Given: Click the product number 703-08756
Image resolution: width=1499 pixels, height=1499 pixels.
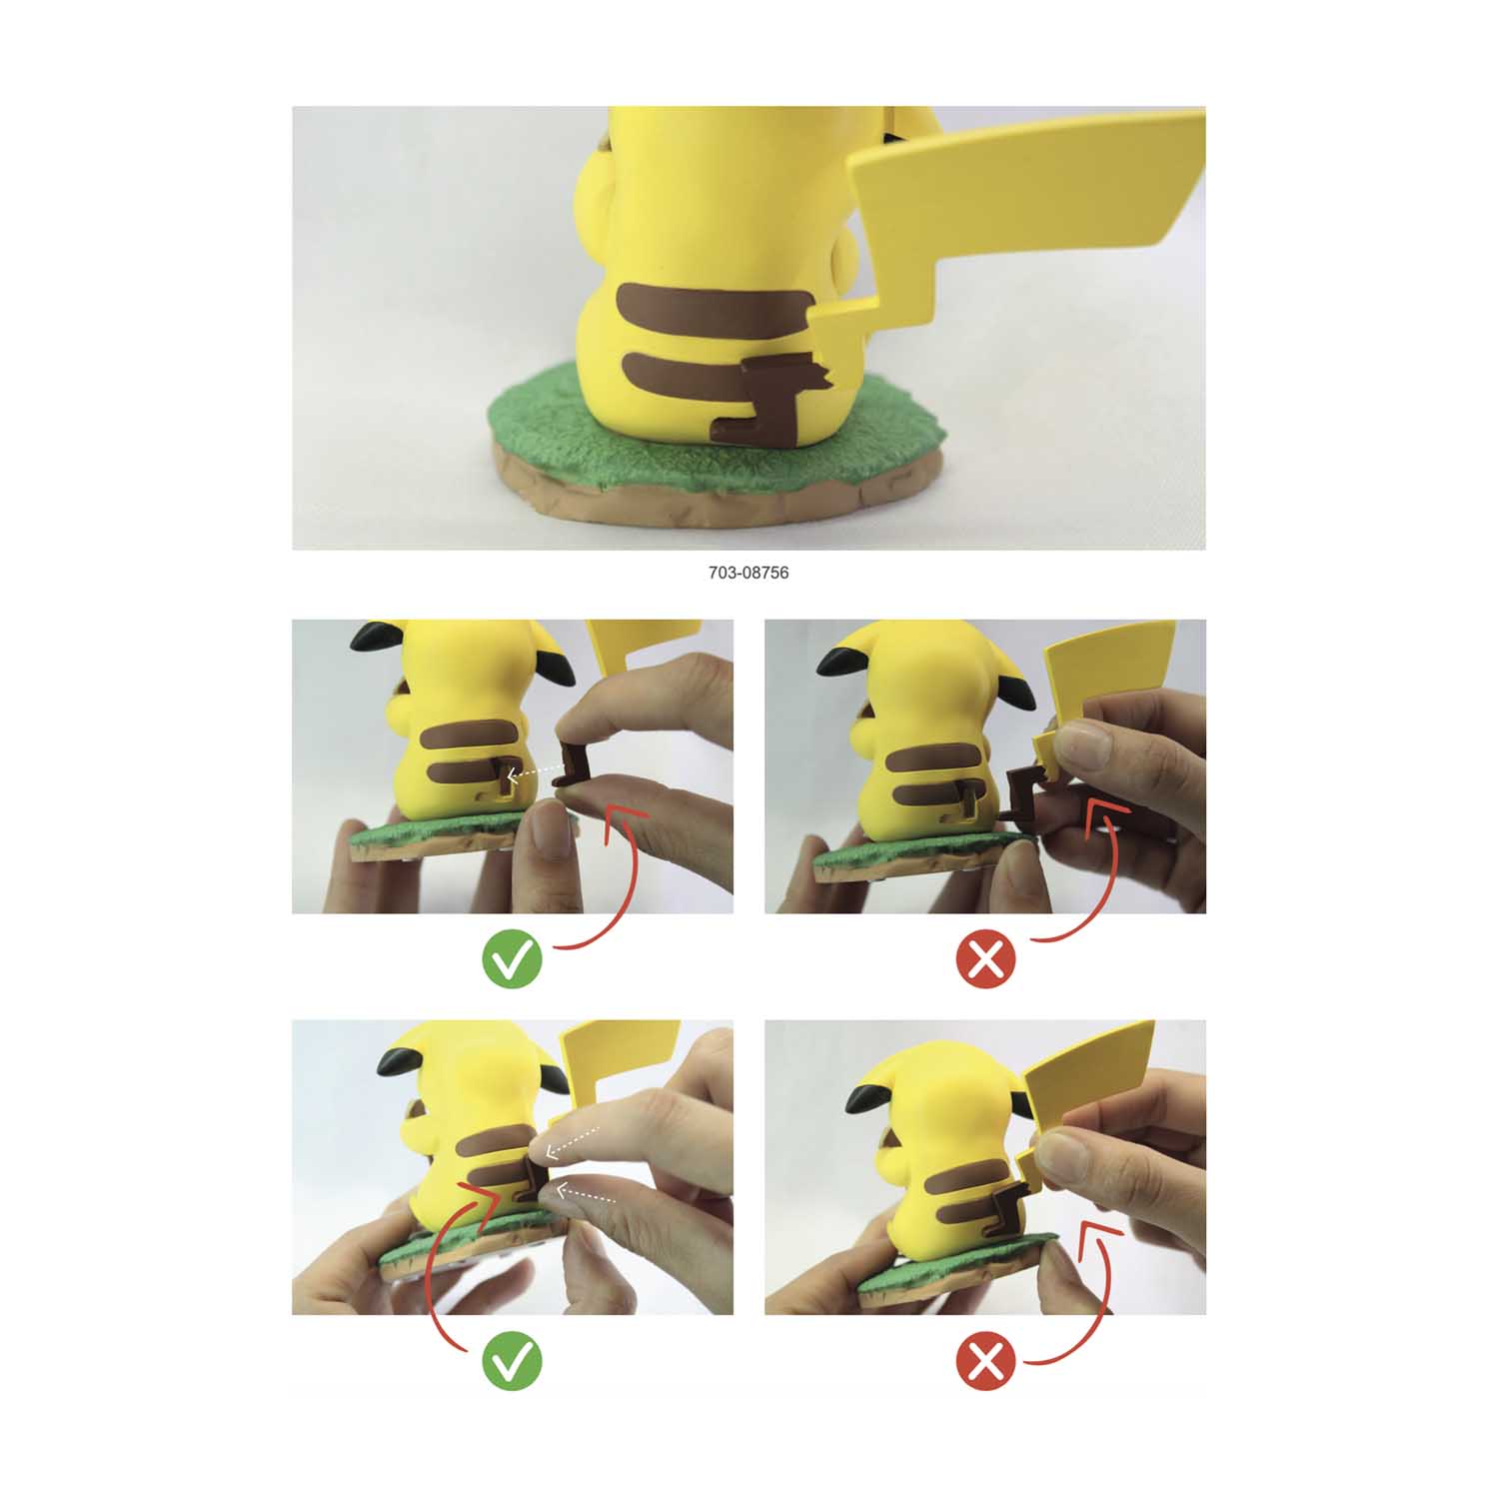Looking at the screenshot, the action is [x=749, y=573].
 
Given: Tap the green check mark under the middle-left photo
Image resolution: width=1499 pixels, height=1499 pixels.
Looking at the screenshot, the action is [x=512, y=959].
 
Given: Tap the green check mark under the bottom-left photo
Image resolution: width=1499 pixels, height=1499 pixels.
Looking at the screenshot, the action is [x=512, y=1361].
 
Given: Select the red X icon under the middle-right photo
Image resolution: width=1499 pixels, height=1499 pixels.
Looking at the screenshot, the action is [x=986, y=959].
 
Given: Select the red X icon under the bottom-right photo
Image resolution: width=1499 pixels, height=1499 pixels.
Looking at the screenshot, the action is [x=986, y=1361].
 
